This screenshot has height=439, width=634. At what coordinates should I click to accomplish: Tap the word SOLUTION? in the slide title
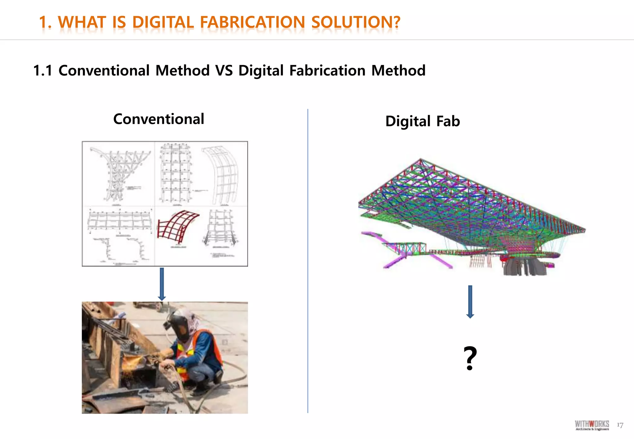356,22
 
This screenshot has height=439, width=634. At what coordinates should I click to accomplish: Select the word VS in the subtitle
224,71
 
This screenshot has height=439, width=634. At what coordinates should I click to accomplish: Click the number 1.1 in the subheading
43,71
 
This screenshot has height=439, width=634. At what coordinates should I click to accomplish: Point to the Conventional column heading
158,119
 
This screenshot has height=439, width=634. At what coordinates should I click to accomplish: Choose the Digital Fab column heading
423,121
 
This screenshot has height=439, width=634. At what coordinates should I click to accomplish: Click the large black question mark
470,358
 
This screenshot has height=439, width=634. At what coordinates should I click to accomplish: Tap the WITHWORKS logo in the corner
592,425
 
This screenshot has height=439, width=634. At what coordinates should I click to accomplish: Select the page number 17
620,425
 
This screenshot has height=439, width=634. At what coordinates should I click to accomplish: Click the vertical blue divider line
308,260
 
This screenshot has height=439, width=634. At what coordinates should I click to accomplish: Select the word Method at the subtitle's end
398,71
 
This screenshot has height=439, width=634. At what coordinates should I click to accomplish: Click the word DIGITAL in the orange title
163,22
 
